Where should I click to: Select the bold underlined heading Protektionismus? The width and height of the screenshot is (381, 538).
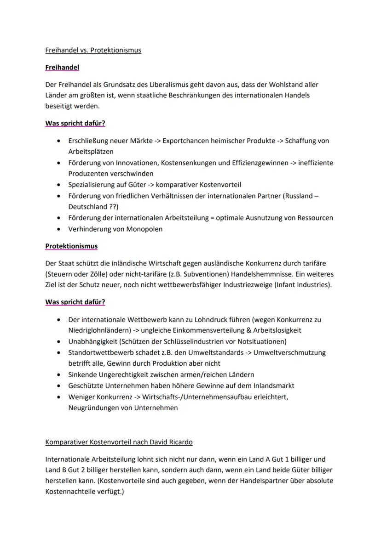click(71, 246)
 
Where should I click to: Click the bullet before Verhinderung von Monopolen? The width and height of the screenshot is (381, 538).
click(58, 229)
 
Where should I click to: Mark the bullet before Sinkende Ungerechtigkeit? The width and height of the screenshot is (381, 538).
click(58, 375)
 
